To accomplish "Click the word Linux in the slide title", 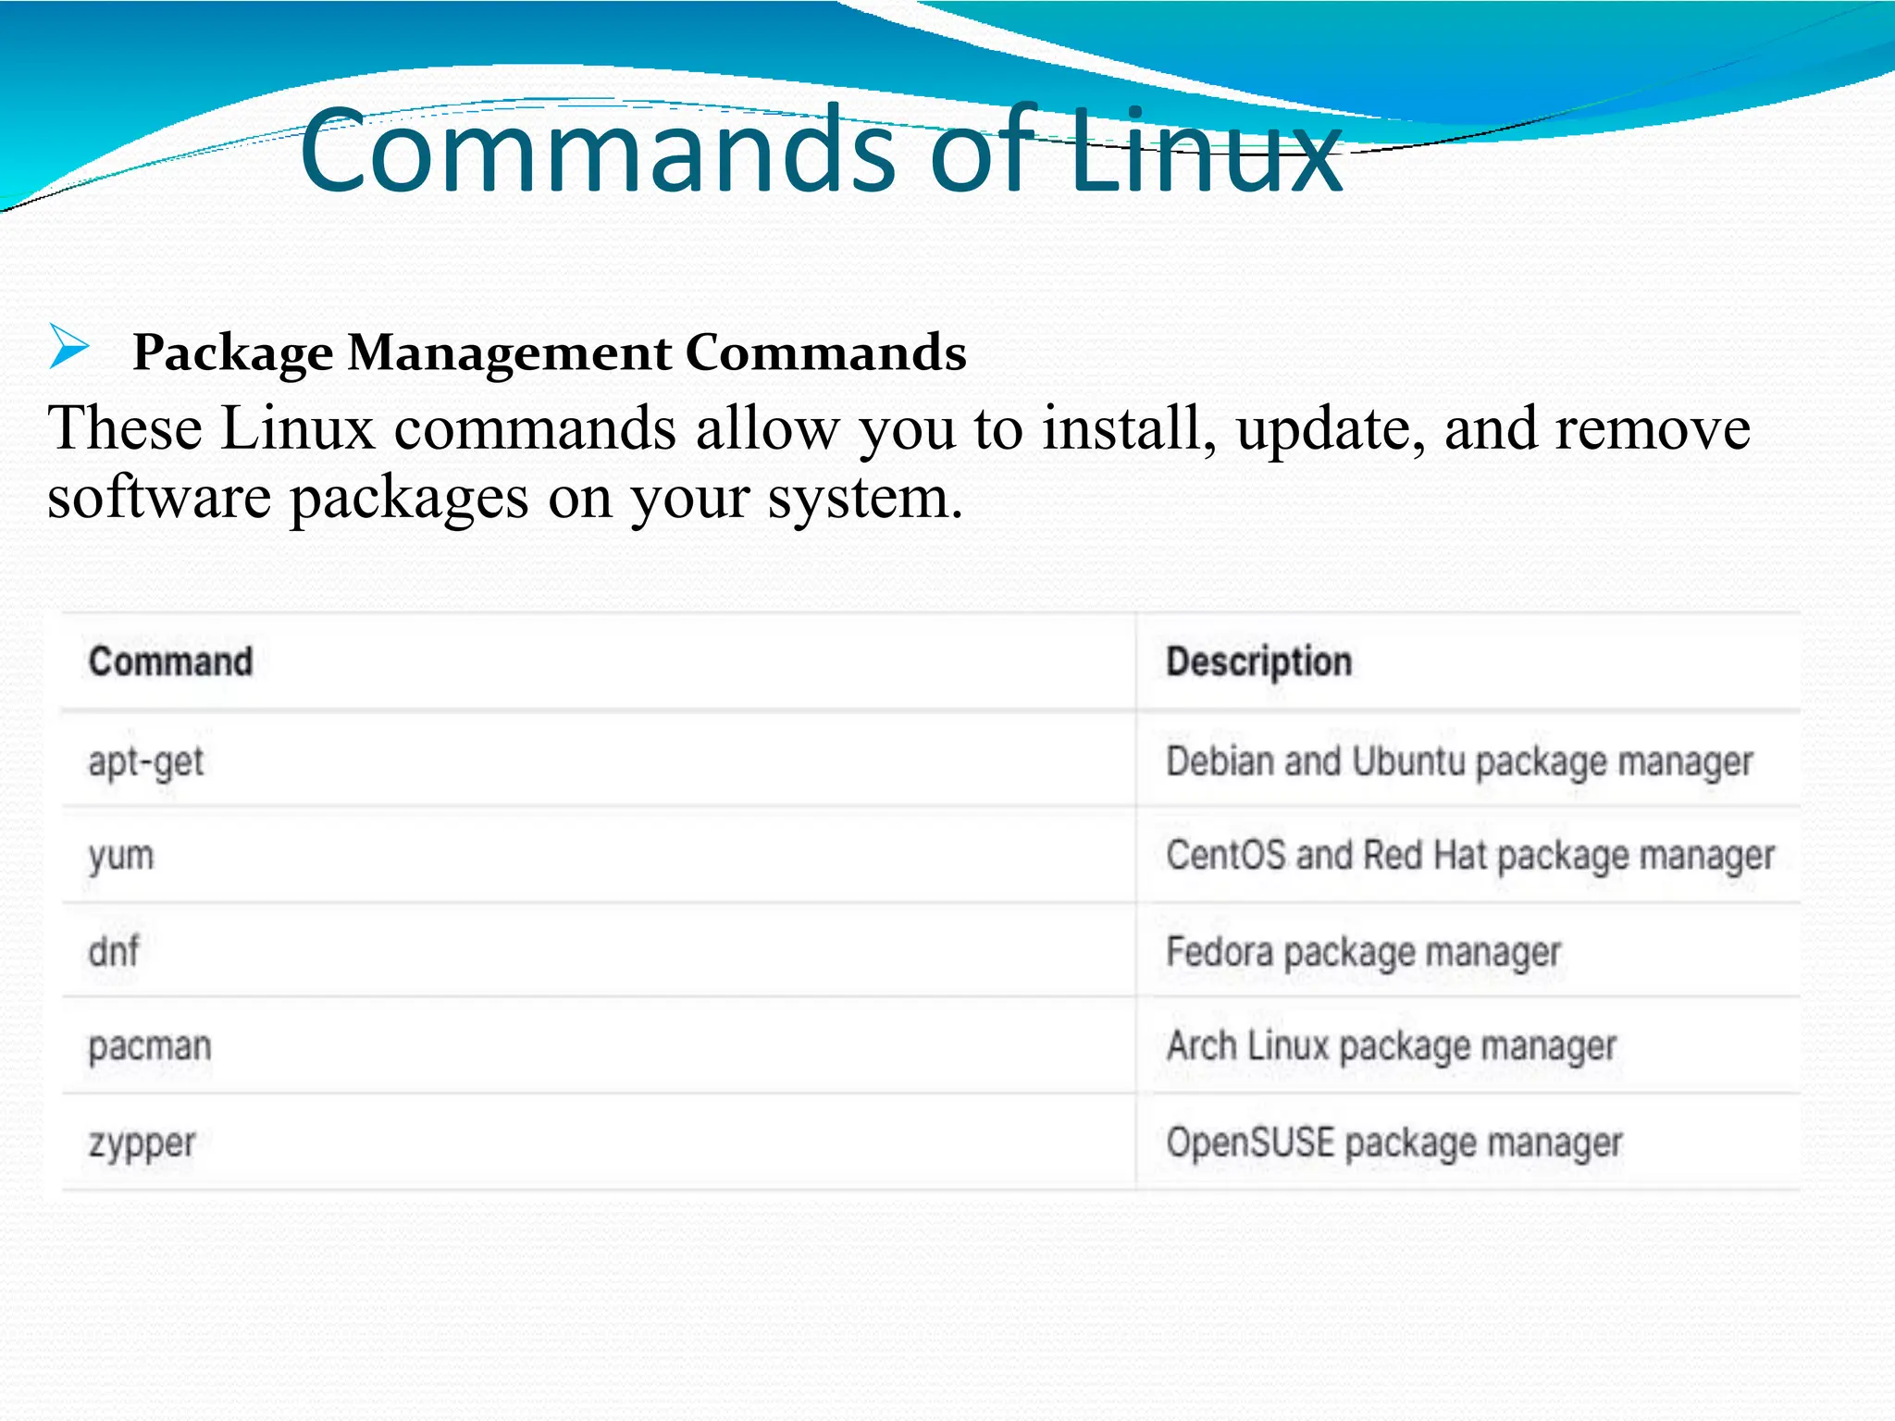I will tap(1205, 153).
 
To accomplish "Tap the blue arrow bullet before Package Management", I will tap(68, 347).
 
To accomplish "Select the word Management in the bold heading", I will tap(510, 353).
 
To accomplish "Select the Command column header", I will tap(170, 661).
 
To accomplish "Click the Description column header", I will tap(1258, 661).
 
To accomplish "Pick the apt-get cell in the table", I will tap(146, 762).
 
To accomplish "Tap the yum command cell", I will tap(121, 857).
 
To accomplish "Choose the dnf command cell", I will tap(114, 951).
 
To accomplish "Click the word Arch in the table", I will tap(1201, 1046).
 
